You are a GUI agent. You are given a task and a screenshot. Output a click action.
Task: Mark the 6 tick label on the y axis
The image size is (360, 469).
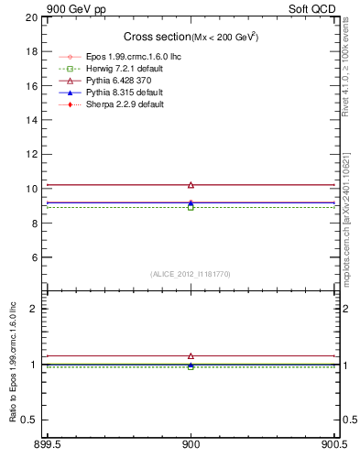(35, 257)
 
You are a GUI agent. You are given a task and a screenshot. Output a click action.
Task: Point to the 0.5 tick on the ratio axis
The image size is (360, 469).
(30, 420)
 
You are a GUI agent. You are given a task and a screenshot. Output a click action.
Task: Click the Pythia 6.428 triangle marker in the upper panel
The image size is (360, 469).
(191, 185)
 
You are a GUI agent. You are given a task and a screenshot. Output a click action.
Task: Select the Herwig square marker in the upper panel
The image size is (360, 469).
(191, 207)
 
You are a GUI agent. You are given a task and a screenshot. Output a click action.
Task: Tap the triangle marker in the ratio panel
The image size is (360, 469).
(191, 355)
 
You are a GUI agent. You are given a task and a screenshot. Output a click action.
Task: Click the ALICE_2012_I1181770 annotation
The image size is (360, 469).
(191, 274)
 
